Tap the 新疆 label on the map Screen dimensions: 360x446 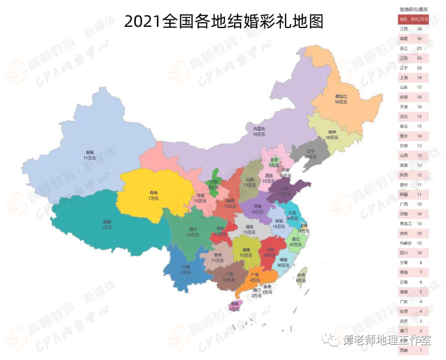click(90, 154)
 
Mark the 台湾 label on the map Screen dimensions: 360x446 click(301, 278)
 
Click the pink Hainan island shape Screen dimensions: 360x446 click(235, 305)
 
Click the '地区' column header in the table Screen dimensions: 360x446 click(404, 19)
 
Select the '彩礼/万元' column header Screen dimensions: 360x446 click(419, 19)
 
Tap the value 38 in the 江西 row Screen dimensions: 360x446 click(419, 29)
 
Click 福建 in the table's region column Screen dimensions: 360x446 click(404, 39)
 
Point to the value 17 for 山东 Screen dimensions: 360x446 click(419, 87)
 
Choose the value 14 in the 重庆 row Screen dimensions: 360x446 click(419, 136)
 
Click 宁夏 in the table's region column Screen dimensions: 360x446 click(404, 263)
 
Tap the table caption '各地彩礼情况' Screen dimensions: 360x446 click(413, 9)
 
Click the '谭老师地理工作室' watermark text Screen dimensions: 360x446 click(387, 341)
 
